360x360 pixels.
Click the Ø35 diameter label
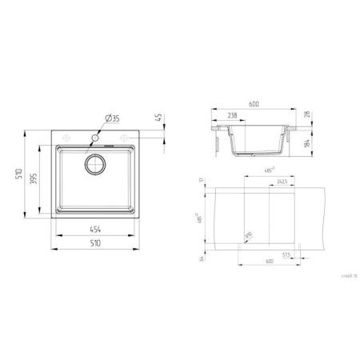(x=112, y=118)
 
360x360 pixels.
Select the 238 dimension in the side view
(x=232, y=116)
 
